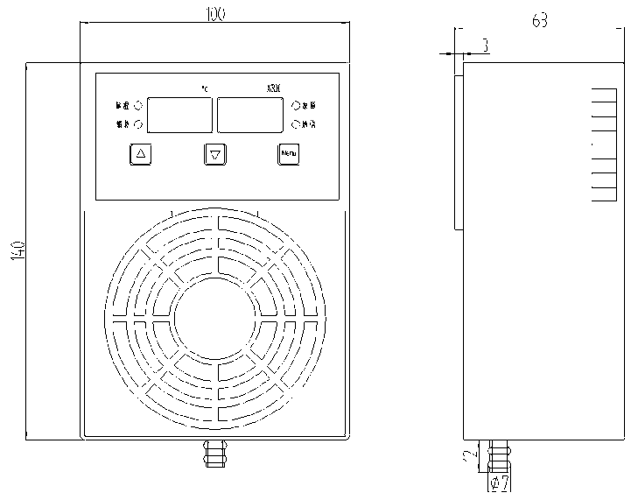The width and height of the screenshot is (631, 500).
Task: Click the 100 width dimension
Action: (214, 15)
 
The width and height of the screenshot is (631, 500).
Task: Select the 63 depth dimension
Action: (539, 20)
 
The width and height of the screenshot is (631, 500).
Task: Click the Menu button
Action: (288, 154)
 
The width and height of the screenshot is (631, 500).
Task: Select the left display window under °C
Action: (179, 115)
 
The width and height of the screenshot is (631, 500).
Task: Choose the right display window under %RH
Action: (249, 115)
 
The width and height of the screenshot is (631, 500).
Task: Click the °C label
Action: (204, 88)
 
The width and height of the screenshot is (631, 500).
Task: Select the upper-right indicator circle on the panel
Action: (296, 106)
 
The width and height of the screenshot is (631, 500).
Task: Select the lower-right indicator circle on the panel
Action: (296, 124)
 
